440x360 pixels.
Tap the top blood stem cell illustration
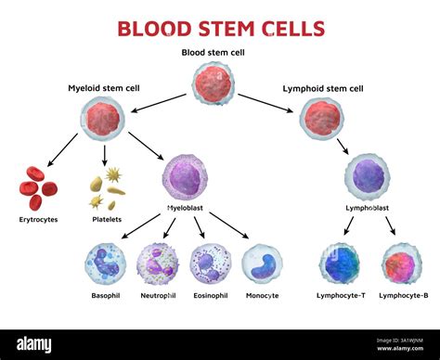pos(214,84)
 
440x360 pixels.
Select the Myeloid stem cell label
pos(103,88)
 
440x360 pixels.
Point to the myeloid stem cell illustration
pos(102,118)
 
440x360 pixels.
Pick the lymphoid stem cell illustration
pos(321,119)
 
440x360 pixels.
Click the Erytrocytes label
pos(37,220)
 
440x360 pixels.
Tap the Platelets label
pos(105,220)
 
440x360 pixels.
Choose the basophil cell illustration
pos(104,264)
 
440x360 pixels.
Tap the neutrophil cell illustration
pos(157,264)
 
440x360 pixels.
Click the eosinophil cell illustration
pos(210,264)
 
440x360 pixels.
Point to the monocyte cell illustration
pos(262,264)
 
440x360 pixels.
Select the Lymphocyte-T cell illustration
pos(340,264)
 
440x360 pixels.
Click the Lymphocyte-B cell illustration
pos(401,264)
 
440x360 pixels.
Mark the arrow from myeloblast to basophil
pos(141,225)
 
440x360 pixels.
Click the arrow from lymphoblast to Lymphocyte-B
pos(391,225)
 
